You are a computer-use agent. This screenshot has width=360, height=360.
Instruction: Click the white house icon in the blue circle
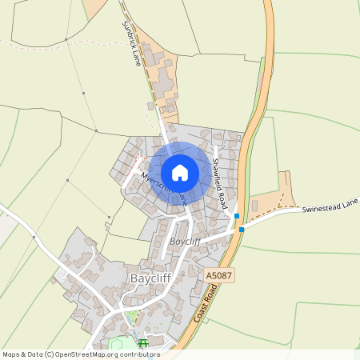180,172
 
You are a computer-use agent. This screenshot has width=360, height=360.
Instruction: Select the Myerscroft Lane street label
163,186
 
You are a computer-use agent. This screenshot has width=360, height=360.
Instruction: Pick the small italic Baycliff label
184,241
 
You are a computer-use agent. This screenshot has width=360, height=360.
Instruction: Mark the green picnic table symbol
143,344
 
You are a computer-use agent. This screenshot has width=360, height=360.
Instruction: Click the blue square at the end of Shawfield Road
237,216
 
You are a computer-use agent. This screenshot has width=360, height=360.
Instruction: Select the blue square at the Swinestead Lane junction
242,230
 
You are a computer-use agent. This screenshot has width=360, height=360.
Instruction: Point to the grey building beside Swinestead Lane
254,206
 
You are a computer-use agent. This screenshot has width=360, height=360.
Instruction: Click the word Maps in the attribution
11,354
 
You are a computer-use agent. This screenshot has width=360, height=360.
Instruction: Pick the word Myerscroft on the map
153,181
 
